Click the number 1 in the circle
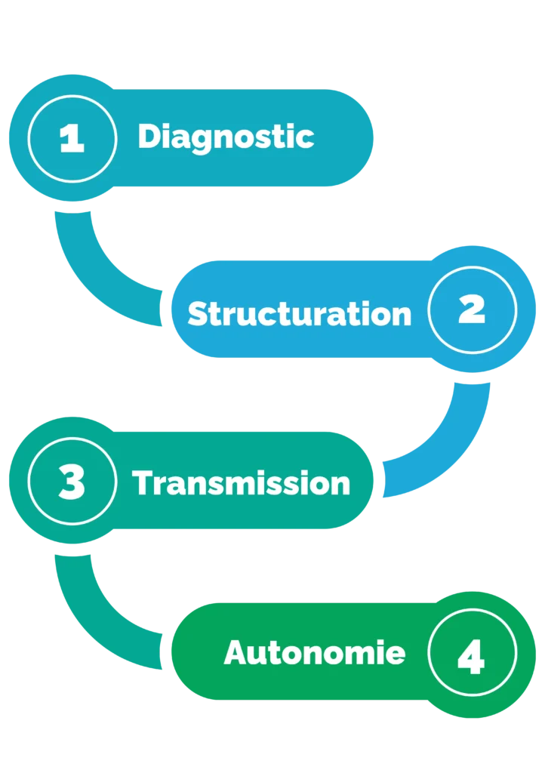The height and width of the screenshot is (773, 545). (72, 138)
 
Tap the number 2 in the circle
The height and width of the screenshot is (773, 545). (472, 310)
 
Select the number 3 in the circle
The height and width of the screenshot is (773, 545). (72, 482)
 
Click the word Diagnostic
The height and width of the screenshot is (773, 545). (225, 137)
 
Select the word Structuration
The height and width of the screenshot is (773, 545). (299, 313)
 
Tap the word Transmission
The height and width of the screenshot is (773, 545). (242, 483)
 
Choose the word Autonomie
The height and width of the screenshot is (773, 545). (314, 653)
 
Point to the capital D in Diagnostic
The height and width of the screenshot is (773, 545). (149, 137)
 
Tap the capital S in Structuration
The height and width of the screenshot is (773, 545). (198, 313)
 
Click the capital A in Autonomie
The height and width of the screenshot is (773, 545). (237, 653)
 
